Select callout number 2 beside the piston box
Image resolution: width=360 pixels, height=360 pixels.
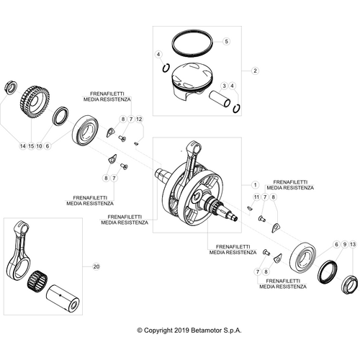[253, 71]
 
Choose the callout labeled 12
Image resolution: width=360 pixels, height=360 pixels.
[140, 118]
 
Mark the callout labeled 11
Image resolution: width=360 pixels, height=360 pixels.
[255, 197]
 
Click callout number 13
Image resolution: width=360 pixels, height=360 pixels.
[353, 246]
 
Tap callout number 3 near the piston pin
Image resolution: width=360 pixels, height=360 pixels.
[225, 86]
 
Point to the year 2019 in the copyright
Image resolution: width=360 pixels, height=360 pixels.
[180, 330]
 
